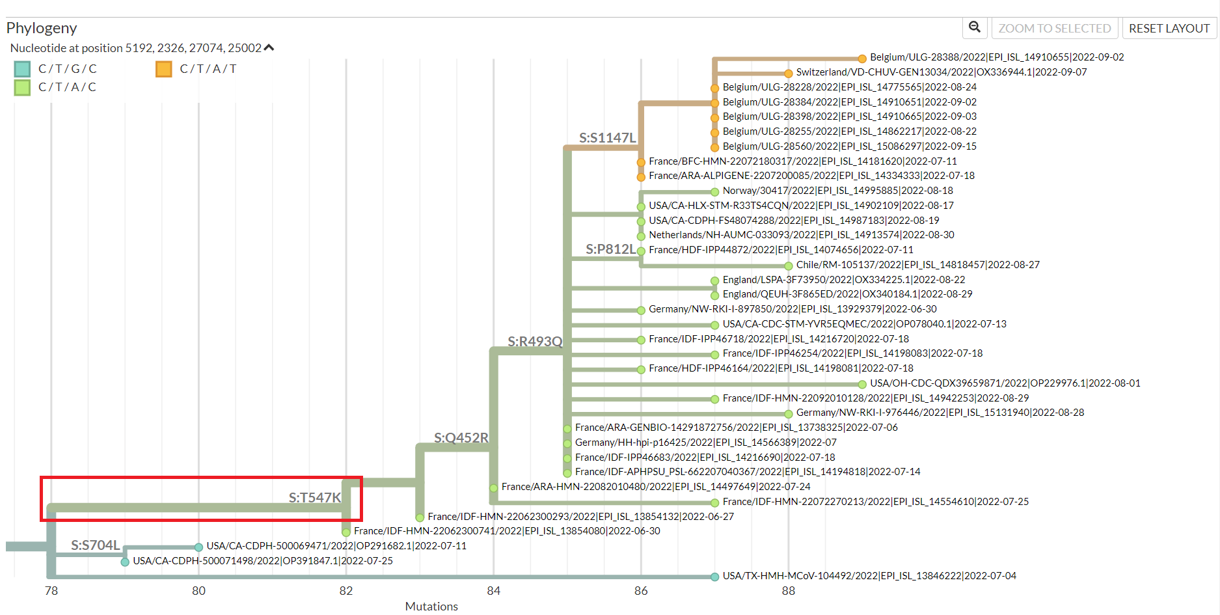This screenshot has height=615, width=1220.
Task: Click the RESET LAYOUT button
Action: point(1169,29)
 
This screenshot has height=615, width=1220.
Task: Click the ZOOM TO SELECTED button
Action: point(1054,29)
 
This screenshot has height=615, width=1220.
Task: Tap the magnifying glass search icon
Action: point(974,27)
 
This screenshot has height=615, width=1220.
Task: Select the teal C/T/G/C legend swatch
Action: point(22,69)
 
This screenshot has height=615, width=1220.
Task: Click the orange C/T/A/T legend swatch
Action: point(164,69)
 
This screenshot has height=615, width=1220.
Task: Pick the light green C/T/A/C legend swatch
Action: point(22,87)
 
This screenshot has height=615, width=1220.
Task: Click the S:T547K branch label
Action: point(314,498)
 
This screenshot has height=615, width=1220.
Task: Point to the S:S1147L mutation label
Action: point(607,138)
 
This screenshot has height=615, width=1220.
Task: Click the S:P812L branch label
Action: point(610,249)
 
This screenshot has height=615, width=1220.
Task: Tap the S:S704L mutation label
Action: point(95,545)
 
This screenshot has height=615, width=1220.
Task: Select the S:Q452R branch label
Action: point(461,438)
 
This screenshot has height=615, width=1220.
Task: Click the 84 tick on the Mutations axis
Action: point(493,591)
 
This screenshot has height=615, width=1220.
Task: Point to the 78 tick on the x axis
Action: point(51,591)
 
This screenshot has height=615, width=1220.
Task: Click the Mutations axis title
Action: point(431,607)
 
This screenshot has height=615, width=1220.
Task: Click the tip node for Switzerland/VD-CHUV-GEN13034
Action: point(788,73)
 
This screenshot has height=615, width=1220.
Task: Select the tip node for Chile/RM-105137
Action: point(788,266)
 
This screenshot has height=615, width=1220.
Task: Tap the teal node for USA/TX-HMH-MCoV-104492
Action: point(714,577)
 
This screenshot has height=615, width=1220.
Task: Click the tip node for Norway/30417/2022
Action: point(714,191)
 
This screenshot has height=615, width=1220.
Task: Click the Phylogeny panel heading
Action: point(42,28)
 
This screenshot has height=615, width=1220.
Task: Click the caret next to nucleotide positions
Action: point(269,48)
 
